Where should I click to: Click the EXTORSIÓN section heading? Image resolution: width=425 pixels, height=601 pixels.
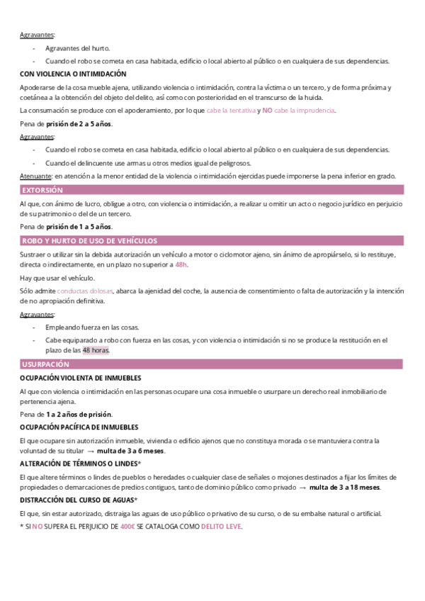[42, 190]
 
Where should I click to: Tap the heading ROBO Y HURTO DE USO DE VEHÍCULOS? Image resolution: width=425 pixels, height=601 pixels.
[89, 241]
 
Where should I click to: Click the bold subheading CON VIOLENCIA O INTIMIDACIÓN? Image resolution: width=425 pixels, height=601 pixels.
[73, 74]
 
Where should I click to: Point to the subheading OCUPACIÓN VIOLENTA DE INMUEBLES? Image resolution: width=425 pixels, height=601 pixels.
[80, 378]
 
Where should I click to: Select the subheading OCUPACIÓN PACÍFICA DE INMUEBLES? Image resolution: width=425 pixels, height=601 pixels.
[79, 427]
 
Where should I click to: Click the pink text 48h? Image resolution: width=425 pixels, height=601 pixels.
[181, 264]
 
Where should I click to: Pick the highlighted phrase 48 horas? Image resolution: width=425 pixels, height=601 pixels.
[96, 350]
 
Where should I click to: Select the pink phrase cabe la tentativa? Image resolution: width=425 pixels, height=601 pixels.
[231, 111]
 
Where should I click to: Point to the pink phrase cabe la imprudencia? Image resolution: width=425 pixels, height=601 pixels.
[305, 111]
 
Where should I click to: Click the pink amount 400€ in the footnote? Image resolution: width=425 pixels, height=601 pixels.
[128, 527]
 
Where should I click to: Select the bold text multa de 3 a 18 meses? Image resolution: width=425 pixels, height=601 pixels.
[344, 488]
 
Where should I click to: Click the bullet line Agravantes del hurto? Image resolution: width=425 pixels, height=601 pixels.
[77, 48]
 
